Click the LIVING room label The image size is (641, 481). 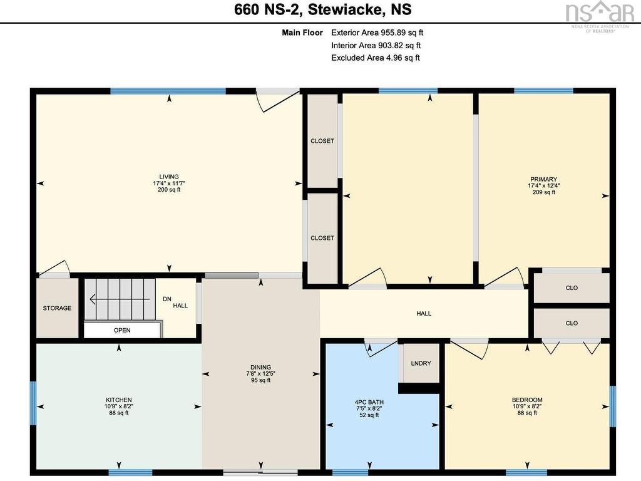(x=169, y=177)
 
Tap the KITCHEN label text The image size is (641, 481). (x=118, y=400)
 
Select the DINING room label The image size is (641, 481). (x=261, y=367)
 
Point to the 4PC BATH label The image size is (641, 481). (x=369, y=402)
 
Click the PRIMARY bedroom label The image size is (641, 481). (x=544, y=179)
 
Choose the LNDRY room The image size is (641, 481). (x=421, y=363)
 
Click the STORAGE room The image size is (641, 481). (x=57, y=308)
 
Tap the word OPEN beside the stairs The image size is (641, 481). (x=122, y=330)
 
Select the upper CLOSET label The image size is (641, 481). (x=322, y=141)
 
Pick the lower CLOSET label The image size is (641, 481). (x=322, y=237)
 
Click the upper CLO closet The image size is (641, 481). (x=572, y=288)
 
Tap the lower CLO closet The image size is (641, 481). (x=572, y=323)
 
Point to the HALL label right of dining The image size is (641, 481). (x=424, y=313)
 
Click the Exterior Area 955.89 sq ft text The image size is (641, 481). (x=377, y=33)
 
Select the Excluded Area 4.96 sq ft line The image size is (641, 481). (x=376, y=58)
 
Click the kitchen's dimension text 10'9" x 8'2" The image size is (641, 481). (x=118, y=406)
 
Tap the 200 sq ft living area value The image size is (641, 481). (x=169, y=190)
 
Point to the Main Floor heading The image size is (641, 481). (x=302, y=33)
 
